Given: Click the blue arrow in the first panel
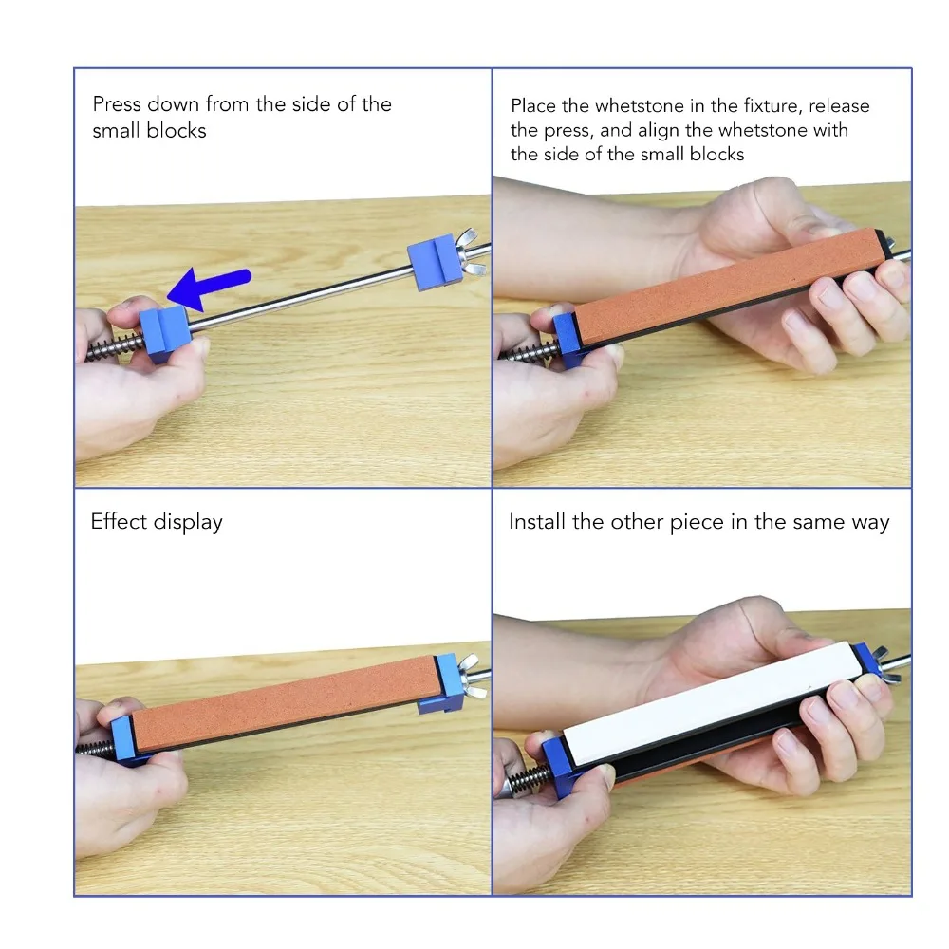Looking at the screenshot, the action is (209, 287).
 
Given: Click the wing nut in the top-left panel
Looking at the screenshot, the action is (472, 253).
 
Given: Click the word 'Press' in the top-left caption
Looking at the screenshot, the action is (117, 104).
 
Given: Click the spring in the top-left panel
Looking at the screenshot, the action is (114, 347).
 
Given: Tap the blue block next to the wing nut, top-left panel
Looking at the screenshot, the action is (434, 262).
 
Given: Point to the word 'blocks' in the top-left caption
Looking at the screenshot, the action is (177, 131).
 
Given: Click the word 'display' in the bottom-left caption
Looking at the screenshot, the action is (188, 523).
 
